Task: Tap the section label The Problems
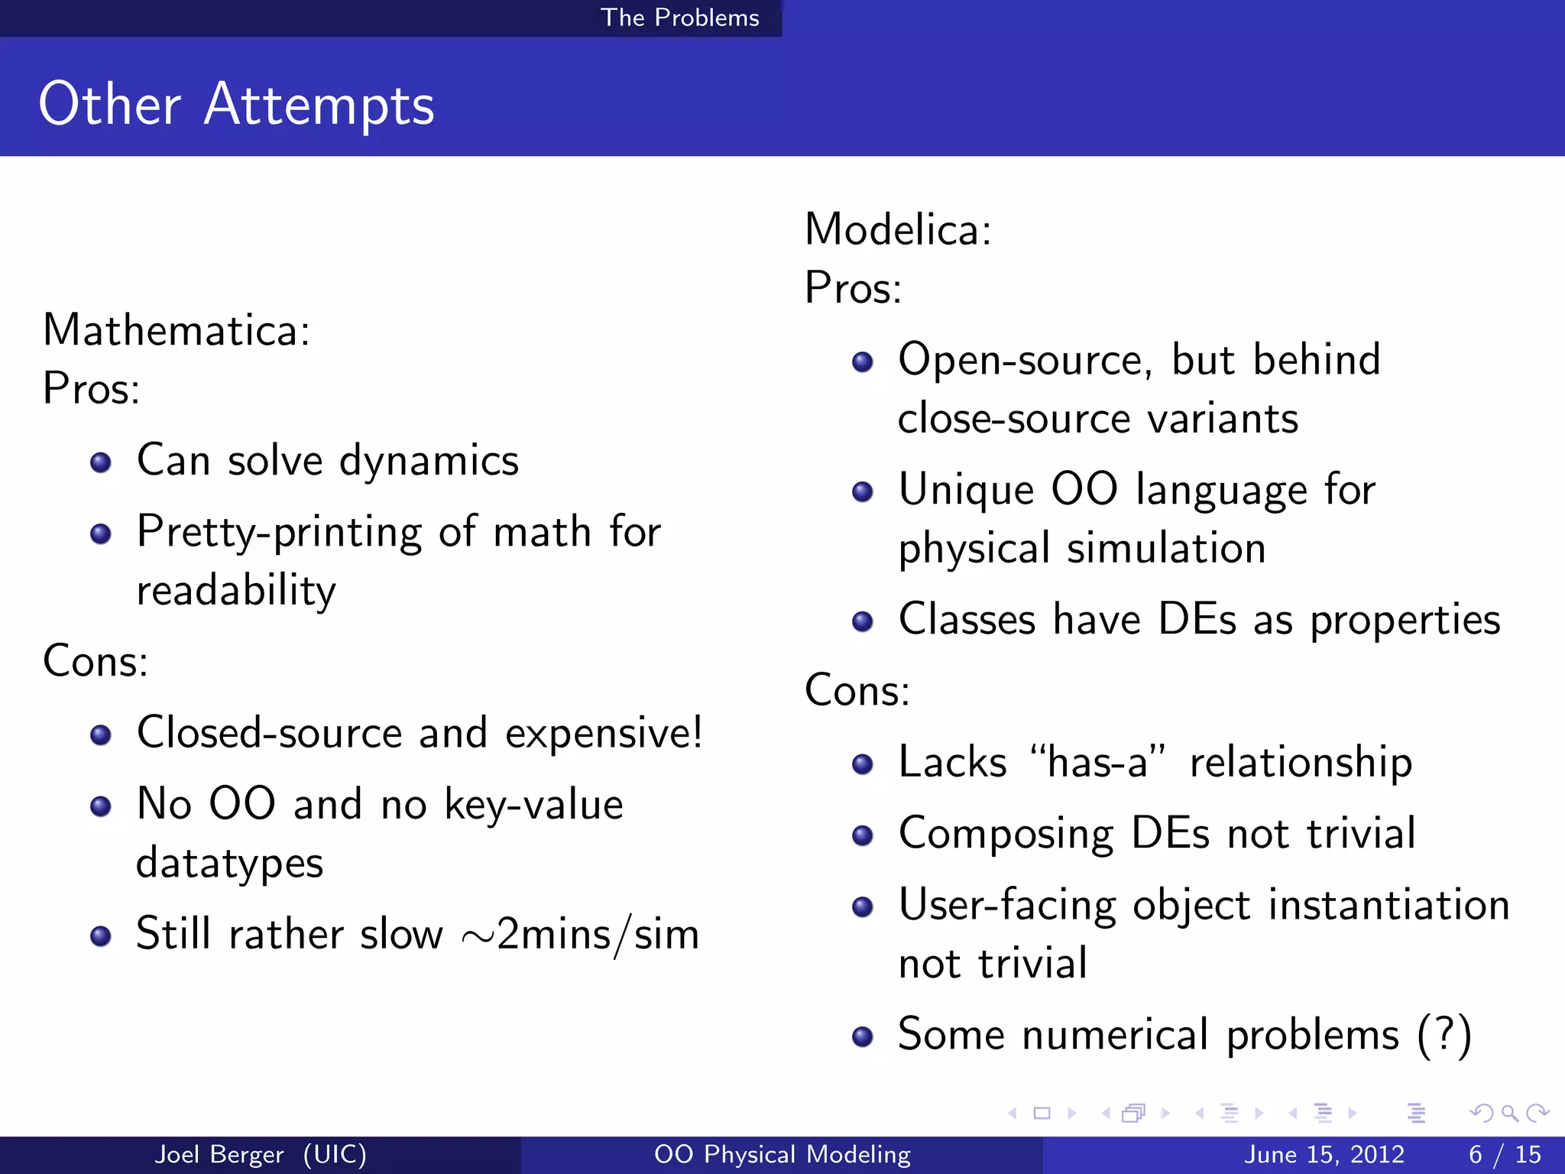[679, 18]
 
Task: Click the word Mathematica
[176, 330]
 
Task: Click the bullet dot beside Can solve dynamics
[100, 462]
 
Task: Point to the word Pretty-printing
[279, 533]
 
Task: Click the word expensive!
[604, 733]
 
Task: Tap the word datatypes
[229, 864]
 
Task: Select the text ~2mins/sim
[581, 934]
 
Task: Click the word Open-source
[1024, 359]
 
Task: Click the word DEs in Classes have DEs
[1197, 619]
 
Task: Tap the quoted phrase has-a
[1097, 762]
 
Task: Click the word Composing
[1006, 834]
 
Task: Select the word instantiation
[1388, 905]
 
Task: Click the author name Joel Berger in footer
[219, 1154]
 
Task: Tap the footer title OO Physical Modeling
[782, 1154]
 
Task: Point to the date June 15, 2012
[1324, 1154]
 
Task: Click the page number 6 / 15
[1505, 1154]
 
